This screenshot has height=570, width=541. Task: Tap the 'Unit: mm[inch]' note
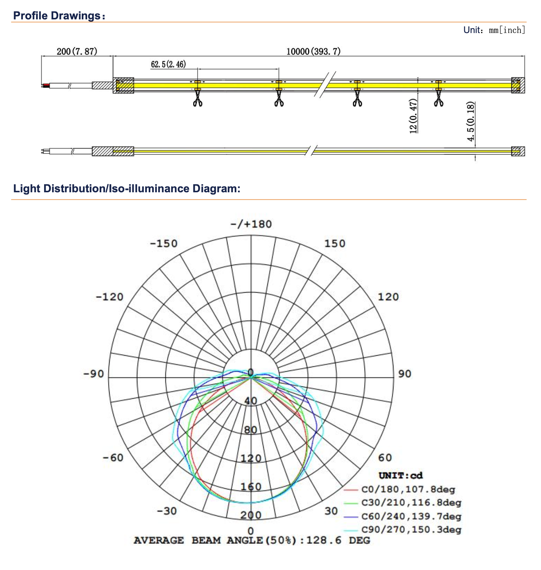(494, 30)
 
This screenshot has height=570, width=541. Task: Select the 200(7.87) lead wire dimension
(77, 51)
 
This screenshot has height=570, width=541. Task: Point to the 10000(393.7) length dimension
(313, 51)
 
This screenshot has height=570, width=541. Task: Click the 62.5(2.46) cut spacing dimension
(168, 64)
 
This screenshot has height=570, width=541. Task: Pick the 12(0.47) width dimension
(413, 116)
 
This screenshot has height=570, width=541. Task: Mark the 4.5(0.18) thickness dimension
(471, 122)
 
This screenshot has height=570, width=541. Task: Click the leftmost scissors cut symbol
(197, 100)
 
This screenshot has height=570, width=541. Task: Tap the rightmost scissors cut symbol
(439, 100)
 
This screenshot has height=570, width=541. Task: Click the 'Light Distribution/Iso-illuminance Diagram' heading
(127, 189)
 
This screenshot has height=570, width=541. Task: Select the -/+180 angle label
(251, 224)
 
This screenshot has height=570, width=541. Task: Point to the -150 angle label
(164, 244)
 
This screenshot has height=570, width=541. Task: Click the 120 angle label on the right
(388, 297)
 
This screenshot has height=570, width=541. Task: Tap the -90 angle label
(94, 374)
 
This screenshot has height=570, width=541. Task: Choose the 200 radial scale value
(251, 515)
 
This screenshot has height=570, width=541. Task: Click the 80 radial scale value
(251, 430)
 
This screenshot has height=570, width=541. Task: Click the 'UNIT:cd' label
(401, 476)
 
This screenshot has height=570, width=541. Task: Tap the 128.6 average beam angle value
(324, 540)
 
